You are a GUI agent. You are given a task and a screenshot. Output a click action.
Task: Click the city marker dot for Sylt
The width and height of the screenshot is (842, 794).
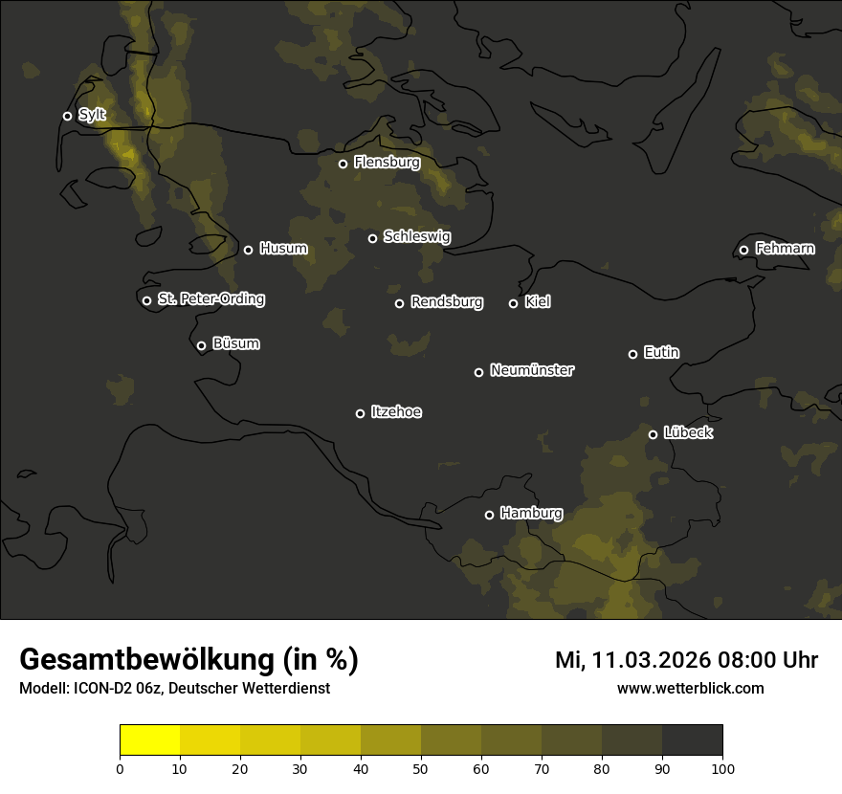(x=67, y=116)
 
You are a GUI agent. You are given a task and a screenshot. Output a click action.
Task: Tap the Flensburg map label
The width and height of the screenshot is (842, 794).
(x=387, y=163)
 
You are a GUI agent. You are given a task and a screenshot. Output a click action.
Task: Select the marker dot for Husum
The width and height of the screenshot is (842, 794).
(x=248, y=250)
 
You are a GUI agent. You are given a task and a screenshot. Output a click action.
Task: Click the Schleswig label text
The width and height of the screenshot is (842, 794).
(x=416, y=236)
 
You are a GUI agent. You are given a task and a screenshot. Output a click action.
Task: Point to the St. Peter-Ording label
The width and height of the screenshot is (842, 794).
(x=210, y=299)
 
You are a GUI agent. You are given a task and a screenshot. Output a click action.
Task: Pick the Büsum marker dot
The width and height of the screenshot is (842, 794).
(x=201, y=346)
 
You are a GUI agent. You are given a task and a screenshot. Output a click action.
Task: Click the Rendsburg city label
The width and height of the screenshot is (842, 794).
(x=446, y=302)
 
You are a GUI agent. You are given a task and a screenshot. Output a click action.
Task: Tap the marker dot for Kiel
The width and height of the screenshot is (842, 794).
(x=513, y=303)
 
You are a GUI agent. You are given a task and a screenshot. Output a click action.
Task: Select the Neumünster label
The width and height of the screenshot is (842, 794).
(x=531, y=370)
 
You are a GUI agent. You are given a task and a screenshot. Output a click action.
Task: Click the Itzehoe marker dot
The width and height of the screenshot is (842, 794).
(x=360, y=413)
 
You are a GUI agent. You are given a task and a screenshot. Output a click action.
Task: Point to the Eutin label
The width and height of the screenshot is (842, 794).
(x=661, y=353)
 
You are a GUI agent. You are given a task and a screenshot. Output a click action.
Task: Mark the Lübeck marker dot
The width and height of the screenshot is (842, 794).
(x=653, y=434)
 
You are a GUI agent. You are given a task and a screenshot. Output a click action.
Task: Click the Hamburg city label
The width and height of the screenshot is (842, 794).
(x=531, y=514)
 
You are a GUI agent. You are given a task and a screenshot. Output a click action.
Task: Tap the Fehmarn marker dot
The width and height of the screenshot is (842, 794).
(x=743, y=251)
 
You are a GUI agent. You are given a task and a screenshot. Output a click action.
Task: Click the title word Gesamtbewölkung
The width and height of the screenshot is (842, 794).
(x=147, y=659)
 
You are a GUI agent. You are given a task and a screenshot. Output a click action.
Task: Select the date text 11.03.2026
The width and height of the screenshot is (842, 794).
(x=652, y=660)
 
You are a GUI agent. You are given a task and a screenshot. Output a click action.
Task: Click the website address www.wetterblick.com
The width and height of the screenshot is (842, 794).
(x=690, y=688)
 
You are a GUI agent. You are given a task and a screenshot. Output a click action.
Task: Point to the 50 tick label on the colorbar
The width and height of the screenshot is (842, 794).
(x=421, y=768)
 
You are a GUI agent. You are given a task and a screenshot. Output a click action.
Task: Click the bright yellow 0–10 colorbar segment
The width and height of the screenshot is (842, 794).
(x=149, y=740)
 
